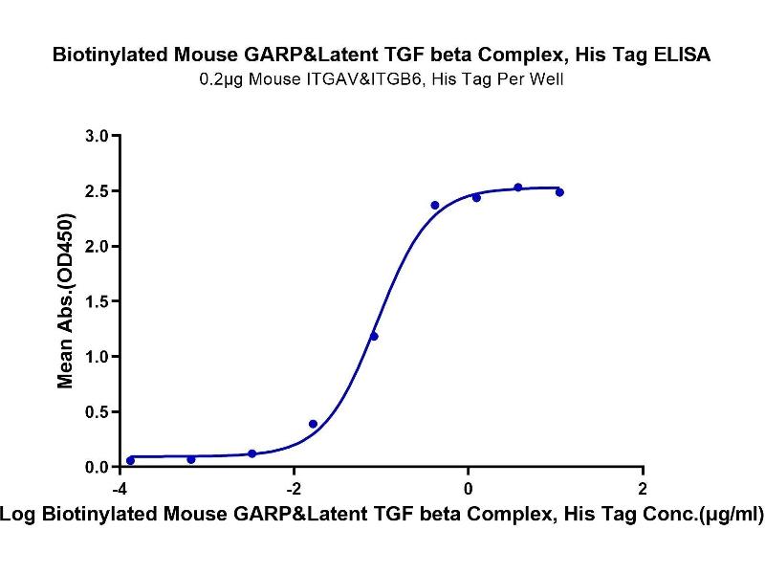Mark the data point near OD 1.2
click(x=374, y=336)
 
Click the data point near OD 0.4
click(x=313, y=423)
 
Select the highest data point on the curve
click(x=517, y=188)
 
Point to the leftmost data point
click(x=130, y=460)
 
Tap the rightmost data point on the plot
click(x=559, y=192)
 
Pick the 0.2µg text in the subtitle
click(x=221, y=80)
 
